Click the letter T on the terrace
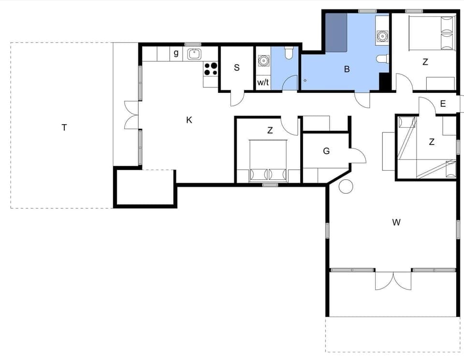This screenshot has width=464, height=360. tap(64, 128)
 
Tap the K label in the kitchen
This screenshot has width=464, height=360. tap(189, 120)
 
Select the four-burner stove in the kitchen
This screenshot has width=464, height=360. tap(211, 69)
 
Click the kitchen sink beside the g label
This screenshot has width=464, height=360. tap(195, 54)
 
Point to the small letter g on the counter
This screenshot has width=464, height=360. tap(176, 53)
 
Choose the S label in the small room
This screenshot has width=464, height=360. tap(237, 68)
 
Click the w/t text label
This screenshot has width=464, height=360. tap(263, 83)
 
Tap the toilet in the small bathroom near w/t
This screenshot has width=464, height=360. tap(289, 52)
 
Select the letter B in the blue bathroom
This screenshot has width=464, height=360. tap(347, 69)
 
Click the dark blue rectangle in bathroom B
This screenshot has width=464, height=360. tap(336, 33)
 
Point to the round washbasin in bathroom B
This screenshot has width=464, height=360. tap(382, 35)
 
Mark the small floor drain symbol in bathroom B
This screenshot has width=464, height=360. tap(305, 80)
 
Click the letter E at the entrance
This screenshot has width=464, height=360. tap(443, 103)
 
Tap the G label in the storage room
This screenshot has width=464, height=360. tap(326, 151)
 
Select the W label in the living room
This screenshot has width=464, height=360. tap(396, 222)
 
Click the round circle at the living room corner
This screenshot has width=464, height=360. tap(346, 186)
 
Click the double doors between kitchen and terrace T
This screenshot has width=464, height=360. tap(131, 115)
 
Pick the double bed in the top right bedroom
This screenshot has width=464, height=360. tap(432, 33)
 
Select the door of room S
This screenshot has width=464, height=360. tap(237, 99)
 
